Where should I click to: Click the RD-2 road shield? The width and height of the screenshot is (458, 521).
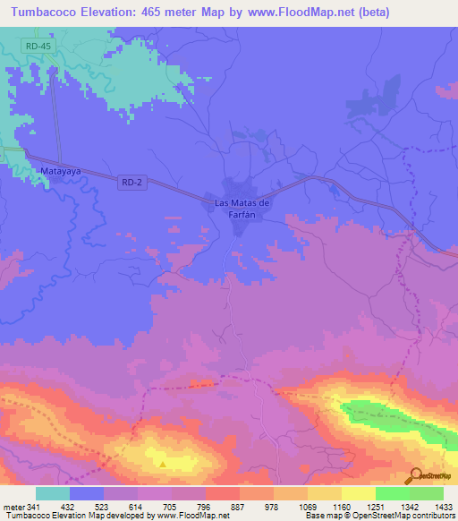pyautogui.click(x=131, y=182)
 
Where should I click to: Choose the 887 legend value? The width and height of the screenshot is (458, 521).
pyautogui.click(x=223, y=507)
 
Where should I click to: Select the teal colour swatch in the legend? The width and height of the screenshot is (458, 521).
pyautogui.click(x=53, y=493)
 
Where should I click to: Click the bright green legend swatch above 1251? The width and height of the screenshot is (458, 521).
pyautogui.click(x=393, y=493)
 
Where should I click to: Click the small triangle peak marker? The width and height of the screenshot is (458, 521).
pyautogui.click(x=162, y=464)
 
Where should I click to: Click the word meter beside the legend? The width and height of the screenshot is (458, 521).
pyautogui.click(x=13, y=507)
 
